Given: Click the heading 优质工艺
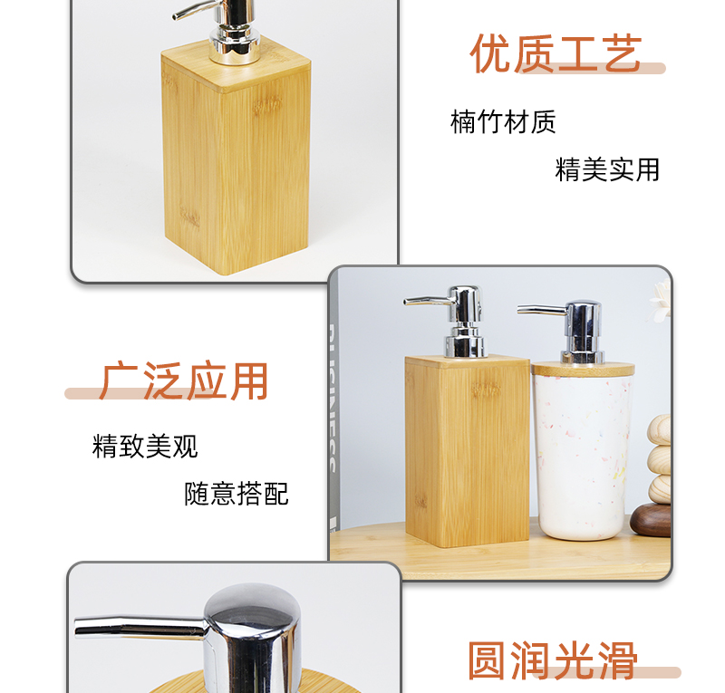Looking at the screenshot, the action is pyautogui.click(x=556, y=53).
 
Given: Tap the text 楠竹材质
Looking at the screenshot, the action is pyautogui.click(x=503, y=122).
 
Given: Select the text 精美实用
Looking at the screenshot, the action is pyautogui.click(x=607, y=169).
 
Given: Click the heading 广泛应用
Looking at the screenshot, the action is pyautogui.click(x=184, y=381).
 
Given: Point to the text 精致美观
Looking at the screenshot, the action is pyautogui.click(x=145, y=446).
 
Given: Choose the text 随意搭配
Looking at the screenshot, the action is pyautogui.click(x=237, y=494).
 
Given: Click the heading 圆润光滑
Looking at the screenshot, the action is pyautogui.click(x=553, y=660).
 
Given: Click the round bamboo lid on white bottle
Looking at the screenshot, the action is pyautogui.click(x=583, y=369).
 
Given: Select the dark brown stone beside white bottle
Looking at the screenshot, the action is pyautogui.click(x=651, y=520).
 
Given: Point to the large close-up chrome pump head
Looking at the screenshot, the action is pyautogui.click(x=250, y=638).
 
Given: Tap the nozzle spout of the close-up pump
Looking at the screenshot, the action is pyautogui.click(x=139, y=628).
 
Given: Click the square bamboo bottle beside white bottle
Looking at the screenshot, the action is pyautogui.click(x=467, y=451).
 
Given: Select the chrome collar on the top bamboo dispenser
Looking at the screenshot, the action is pyautogui.click(x=235, y=45).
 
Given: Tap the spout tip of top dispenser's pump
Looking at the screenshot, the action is pyautogui.click(x=176, y=16).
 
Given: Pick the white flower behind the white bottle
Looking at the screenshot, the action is pyautogui.click(x=662, y=301).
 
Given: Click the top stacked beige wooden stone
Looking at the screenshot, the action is pyautogui.click(x=660, y=430).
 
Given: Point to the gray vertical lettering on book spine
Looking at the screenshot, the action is pyautogui.click(x=333, y=398).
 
